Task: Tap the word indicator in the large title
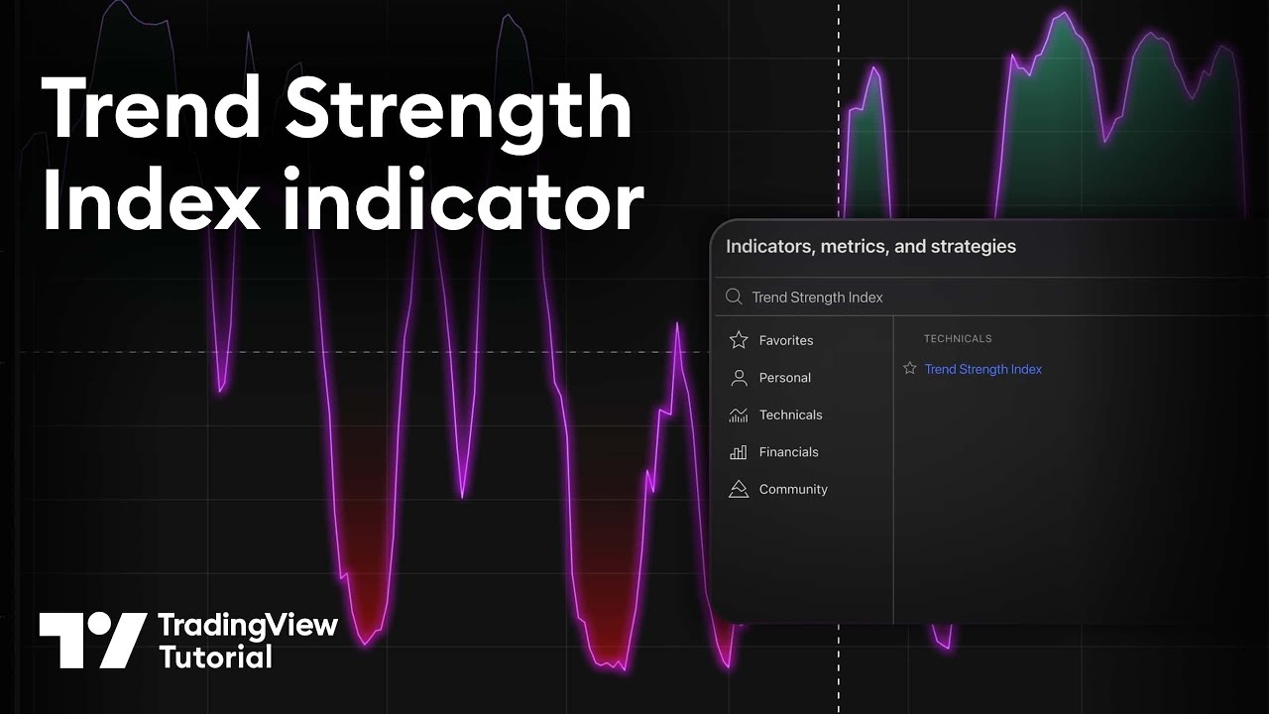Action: [x=463, y=198]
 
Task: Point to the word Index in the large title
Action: [x=151, y=198]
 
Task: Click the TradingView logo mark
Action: [x=92, y=641]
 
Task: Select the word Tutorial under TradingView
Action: [x=216, y=657]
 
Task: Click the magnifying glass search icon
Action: [x=735, y=297]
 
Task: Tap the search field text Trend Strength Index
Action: [x=817, y=297]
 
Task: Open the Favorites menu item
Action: [x=786, y=340]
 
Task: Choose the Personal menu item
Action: [x=784, y=378]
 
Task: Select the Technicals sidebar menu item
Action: [x=790, y=415]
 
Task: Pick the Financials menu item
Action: [x=788, y=451]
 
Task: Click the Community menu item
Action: [x=793, y=489]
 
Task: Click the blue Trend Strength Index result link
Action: [x=982, y=369]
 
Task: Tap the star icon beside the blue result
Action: [x=910, y=368]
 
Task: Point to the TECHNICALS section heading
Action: [x=958, y=338]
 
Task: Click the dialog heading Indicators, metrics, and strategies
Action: [x=870, y=247]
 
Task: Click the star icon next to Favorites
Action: [x=739, y=340]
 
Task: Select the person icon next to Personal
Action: [x=739, y=378]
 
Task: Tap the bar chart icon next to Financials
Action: [x=739, y=451]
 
